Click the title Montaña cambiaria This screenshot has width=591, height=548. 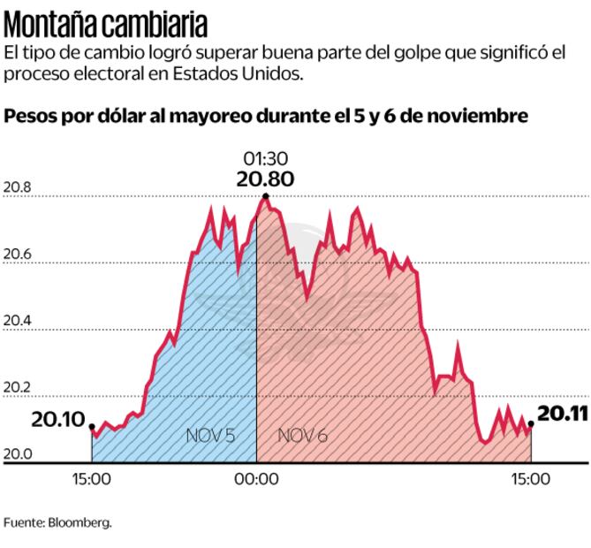click(x=106, y=22)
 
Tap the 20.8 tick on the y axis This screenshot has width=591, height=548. click(x=17, y=188)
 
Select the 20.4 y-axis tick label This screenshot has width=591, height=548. click(x=17, y=321)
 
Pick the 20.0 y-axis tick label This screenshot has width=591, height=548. click(x=17, y=454)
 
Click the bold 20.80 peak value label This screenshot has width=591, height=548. click(x=264, y=179)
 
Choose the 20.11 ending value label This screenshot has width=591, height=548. click(x=563, y=413)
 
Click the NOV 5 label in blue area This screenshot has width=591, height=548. click(x=210, y=436)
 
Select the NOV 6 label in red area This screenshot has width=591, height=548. click(x=302, y=436)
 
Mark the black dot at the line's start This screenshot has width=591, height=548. click(x=93, y=427)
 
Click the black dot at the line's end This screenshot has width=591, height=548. click(x=531, y=424)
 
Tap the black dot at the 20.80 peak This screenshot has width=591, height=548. click(x=264, y=195)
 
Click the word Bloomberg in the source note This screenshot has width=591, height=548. click(x=82, y=522)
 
